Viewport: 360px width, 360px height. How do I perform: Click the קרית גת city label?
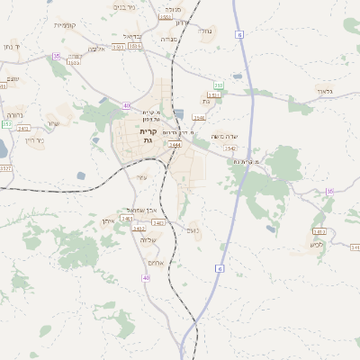pos(148,136)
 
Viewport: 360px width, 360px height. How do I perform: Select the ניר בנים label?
pos(124,6)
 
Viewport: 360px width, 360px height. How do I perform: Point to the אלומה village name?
pos(96,49)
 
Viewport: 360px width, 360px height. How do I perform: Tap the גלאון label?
pos(325,91)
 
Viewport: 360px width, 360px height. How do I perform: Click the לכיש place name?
pos(314,244)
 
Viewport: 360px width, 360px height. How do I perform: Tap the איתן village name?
pos(107,220)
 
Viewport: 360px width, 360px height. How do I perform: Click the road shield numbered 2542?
pos(230,148)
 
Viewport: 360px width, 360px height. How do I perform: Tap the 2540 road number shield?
pos(199,118)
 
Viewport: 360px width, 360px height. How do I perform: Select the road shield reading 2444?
pos(175,144)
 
